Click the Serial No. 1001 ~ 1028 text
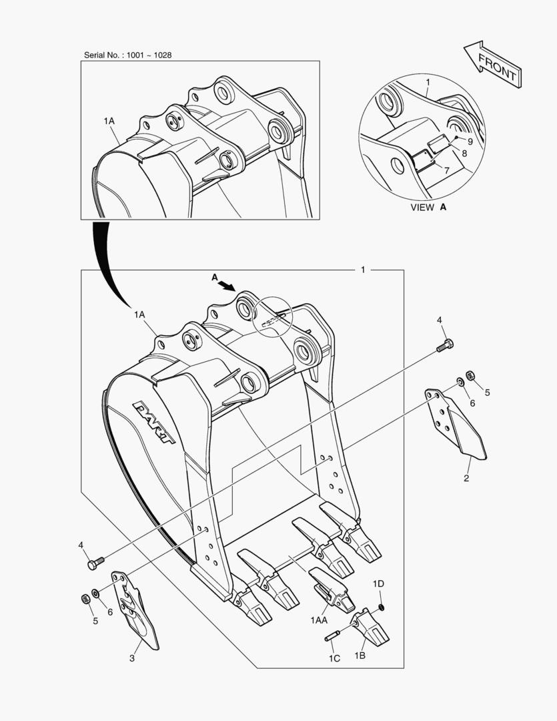coord(127,55)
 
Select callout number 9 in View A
coord(470,142)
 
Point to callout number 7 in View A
coord(446,171)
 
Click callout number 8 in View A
coord(464,154)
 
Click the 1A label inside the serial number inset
coord(109,122)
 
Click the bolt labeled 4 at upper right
coord(446,346)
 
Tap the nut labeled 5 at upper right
coord(470,377)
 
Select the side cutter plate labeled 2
coord(456,424)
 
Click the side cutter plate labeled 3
coord(136,608)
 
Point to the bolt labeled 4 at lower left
coord(94,563)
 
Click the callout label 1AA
coord(319,621)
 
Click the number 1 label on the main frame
coord(362,270)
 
